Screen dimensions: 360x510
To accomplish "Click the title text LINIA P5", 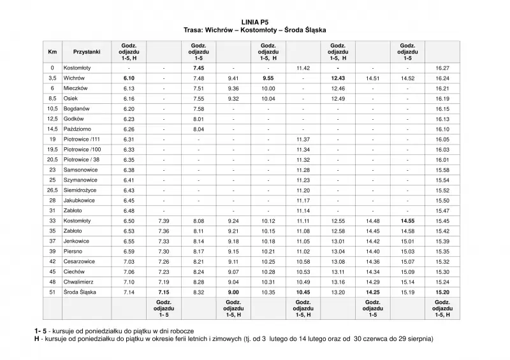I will (x=255, y=22).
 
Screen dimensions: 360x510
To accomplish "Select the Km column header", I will (x=52, y=52).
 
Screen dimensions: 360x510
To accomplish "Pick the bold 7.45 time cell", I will (x=198, y=67).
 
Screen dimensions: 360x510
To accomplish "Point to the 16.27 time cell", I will (x=442, y=67).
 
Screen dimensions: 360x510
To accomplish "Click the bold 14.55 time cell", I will (x=407, y=220).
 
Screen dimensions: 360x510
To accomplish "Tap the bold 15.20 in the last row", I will (x=442, y=292).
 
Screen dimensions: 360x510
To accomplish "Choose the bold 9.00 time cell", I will (x=233, y=292).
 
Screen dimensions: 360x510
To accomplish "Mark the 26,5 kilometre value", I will (x=52, y=190).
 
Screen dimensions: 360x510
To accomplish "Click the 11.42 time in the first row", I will (x=303, y=67).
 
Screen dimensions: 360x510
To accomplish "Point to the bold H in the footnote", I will (x=38, y=338).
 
